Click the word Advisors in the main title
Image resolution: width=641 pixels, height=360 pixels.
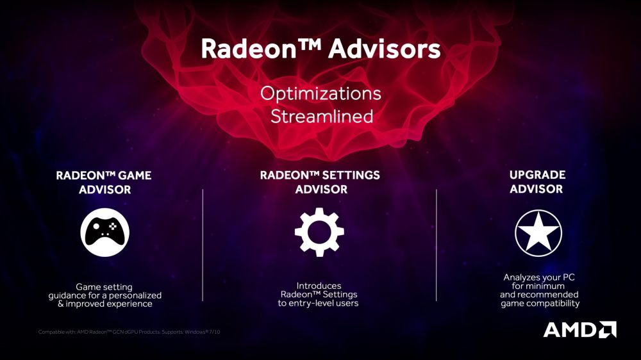click(x=385, y=49)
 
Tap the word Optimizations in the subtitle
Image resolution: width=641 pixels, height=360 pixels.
click(x=320, y=94)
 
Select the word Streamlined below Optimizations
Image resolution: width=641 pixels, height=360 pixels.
click(x=321, y=117)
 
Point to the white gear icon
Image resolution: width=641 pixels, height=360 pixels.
click(x=319, y=231)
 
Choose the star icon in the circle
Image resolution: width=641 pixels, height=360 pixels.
click(x=538, y=231)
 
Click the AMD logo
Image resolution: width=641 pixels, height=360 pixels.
click(x=579, y=329)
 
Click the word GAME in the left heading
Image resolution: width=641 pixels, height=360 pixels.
click(x=135, y=175)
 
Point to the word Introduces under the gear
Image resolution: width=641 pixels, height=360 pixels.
click(x=319, y=286)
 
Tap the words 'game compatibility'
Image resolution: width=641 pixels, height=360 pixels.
click(x=540, y=303)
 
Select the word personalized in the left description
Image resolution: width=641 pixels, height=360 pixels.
click(x=133, y=295)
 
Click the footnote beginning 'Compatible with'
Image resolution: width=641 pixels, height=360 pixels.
click(x=129, y=331)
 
